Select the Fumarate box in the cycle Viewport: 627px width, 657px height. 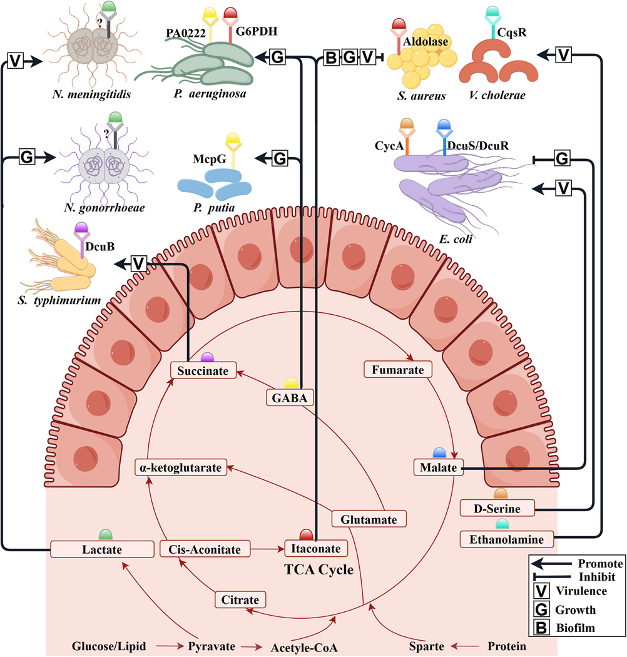click(x=398, y=370)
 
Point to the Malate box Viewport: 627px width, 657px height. click(x=438, y=467)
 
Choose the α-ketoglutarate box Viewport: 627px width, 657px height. click(x=180, y=467)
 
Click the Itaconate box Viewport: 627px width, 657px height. click(x=316, y=549)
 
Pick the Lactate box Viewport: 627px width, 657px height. click(x=102, y=549)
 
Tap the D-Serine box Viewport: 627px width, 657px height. click(x=498, y=508)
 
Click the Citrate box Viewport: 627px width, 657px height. click(x=240, y=599)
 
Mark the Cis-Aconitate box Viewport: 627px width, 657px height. click(x=205, y=549)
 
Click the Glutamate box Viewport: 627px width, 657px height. click(x=369, y=519)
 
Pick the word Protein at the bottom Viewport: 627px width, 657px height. click(x=507, y=646)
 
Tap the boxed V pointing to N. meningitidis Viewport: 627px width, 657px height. click(x=14, y=61)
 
